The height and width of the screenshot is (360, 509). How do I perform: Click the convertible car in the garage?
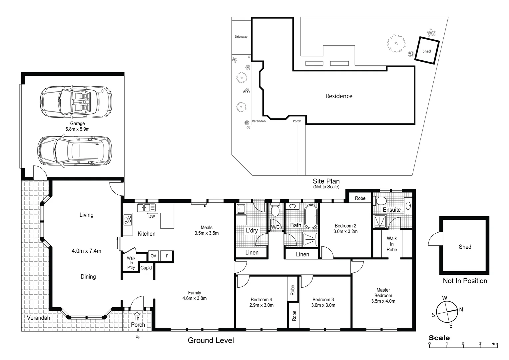pyautogui.click(x=76, y=102)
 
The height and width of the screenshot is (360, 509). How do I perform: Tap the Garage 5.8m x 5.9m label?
pyautogui.click(x=77, y=126)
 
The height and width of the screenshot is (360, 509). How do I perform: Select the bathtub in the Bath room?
pyautogui.click(x=311, y=217)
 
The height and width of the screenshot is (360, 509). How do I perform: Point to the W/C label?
pyautogui.click(x=275, y=227)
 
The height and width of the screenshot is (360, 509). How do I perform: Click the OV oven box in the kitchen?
pyautogui.click(x=153, y=256)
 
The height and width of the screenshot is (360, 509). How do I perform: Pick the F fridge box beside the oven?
pyautogui.click(x=167, y=256)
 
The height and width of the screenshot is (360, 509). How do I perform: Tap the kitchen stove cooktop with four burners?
pyautogui.click(x=128, y=220)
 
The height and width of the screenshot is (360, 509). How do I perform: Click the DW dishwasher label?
pyautogui.click(x=152, y=216)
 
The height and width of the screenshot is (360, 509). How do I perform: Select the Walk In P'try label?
pyautogui.click(x=131, y=263)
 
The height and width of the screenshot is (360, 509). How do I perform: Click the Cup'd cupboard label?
pyautogui.click(x=146, y=268)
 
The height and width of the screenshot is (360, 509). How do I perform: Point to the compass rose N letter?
pyautogui.click(x=461, y=310)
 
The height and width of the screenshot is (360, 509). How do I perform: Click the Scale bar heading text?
pyautogui.click(x=439, y=338)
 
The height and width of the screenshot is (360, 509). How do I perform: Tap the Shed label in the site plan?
pyautogui.click(x=426, y=51)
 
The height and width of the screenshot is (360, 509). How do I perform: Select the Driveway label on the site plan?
pyautogui.click(x=241, y=37)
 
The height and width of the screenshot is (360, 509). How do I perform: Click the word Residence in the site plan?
pyautogui.click(x=339, y=96)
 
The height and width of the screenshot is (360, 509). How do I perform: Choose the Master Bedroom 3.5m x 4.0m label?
pyautogui.click(x=383, y=295)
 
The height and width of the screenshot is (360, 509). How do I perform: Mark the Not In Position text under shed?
pyautogui.click(x=465, y=281)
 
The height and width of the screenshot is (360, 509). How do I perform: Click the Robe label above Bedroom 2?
pyautogui.click(x=360, y=198)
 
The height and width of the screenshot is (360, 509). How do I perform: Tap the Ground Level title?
pyautogui.click(x=211, y=340)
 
